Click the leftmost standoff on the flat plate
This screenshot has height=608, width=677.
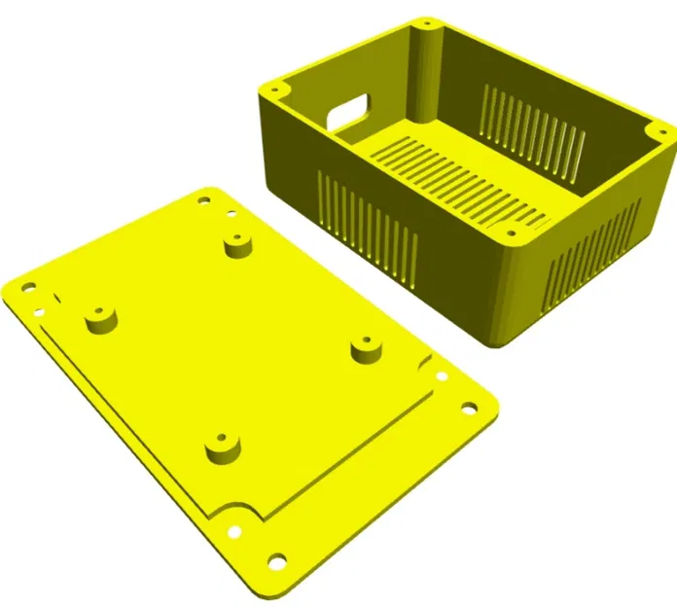[x=99, y=317]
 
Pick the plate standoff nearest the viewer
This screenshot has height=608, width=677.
[x=223, y=447]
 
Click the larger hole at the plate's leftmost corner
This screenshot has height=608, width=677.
[x=28, y=288]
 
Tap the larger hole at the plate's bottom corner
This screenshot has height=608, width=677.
[x=277, y=560]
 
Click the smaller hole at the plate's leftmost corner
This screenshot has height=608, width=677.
[x=40, y=312]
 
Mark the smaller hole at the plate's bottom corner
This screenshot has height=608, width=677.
[x=234, y=531]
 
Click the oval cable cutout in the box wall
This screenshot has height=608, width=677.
[x=348, y=111]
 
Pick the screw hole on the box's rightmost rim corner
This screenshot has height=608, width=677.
[x=656, y=133]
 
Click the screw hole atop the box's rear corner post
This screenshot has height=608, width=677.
[x=425, y=23]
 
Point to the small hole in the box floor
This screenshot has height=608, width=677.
[x=508, y=231]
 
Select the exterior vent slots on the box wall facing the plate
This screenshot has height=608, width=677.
[x=369, y=229]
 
